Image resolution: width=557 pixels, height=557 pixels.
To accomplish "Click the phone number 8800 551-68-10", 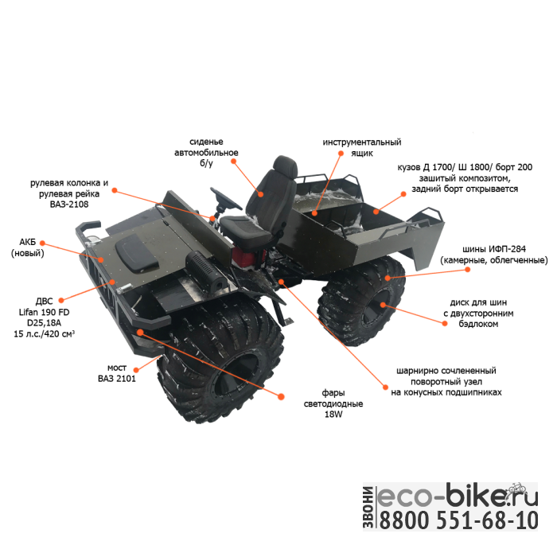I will (459, 521).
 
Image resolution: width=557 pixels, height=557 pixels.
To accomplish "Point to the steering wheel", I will (227, 197).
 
